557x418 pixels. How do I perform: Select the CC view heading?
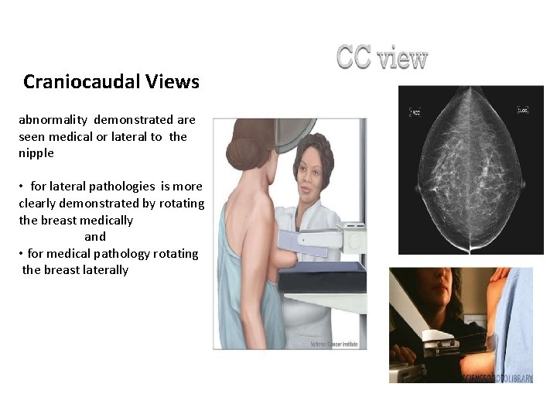pyautogui.click(x=381, y=58)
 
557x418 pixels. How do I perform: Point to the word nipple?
pyautogui.click(x=36, y=153)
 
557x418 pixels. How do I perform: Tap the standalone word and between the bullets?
pyautogui.click(x=95, y=237)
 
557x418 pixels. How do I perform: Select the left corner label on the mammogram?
pyautogui.click(x=415, y=112)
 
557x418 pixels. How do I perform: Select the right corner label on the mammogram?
pyautogui.click(x=522, y=111)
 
